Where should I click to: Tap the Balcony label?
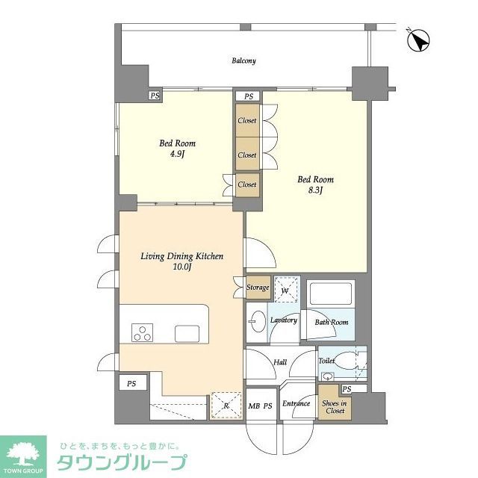click(243, 60)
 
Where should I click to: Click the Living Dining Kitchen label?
click(182, 256)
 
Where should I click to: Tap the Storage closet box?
click(258, 288)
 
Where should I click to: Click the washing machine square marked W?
click(285, 291)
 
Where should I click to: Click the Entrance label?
click(296, 404)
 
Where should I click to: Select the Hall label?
click(280, 362)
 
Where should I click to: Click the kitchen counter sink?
click(185, 332)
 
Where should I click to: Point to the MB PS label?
click(261, 406)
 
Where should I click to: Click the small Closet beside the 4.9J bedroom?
click(246, 184)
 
